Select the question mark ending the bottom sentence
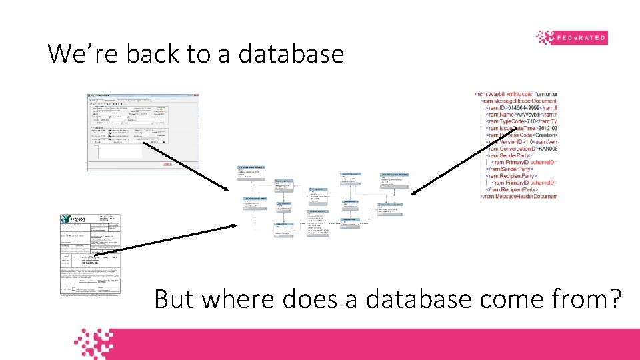point(612,299)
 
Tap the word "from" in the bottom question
point(568,299)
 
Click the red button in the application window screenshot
point(167,163)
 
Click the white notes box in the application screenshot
point(120,151)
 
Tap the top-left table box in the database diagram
point(251,172)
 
